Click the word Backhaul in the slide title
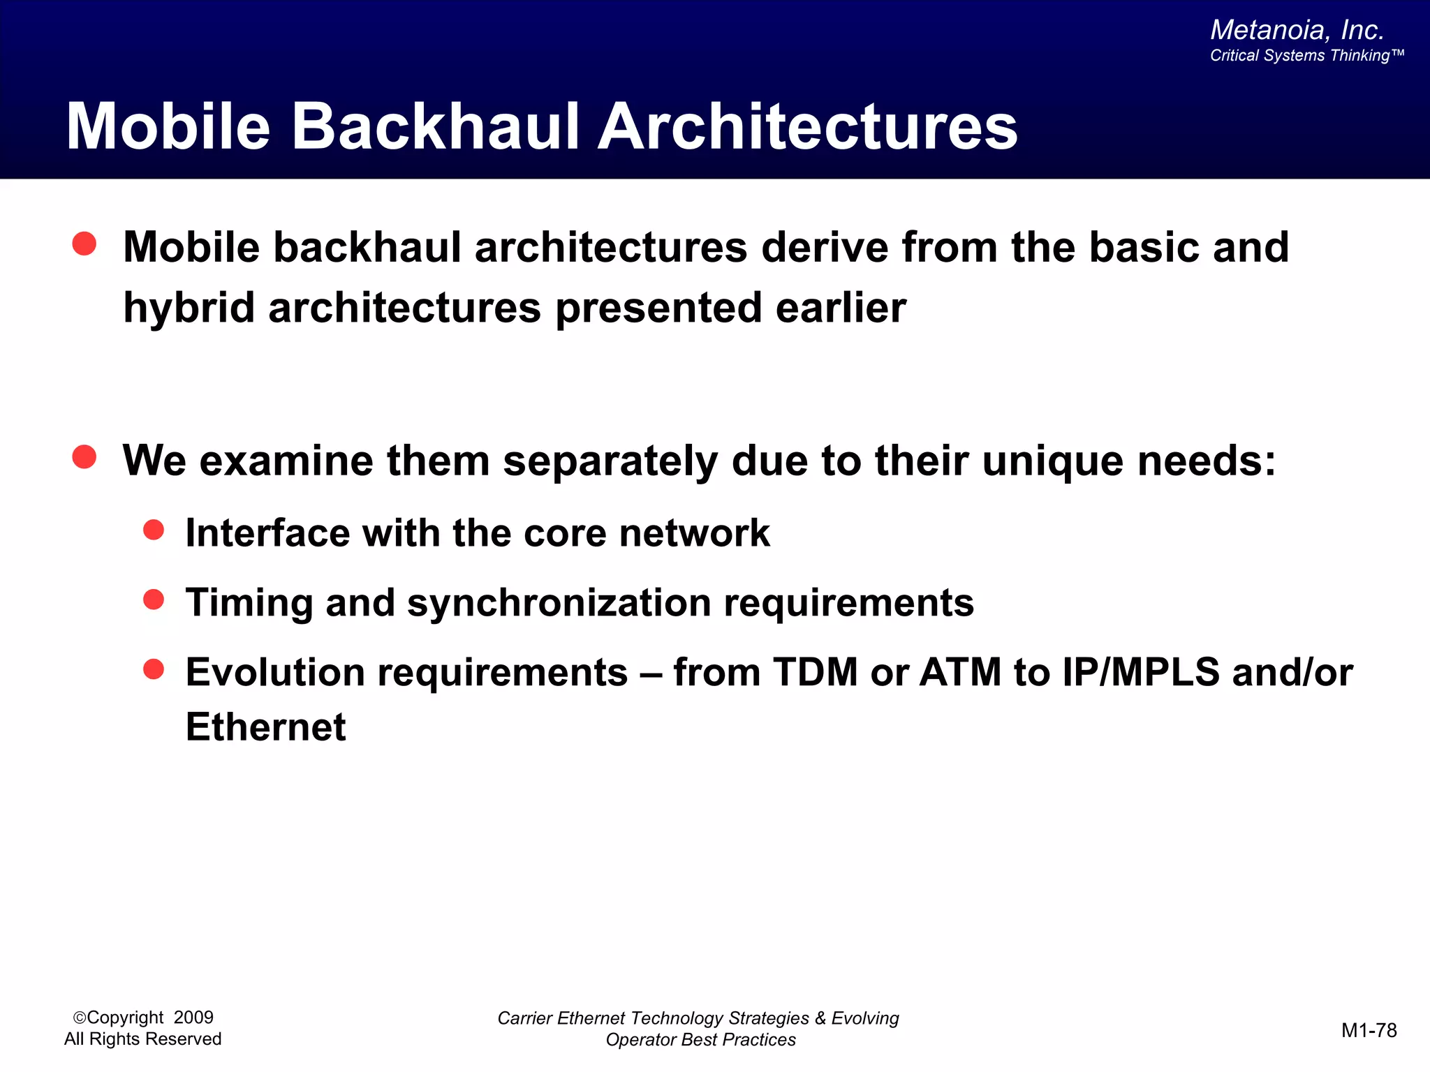click(x=435, y=126)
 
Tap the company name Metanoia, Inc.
click(x=1297, y=30)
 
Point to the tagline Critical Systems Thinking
click(x=1306, y=56)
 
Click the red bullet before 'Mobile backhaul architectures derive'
click(x=84, y=244)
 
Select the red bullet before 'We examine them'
click(x=84, y=457)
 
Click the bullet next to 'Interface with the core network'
click(x=154, y=530)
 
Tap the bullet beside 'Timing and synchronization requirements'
click(x=154, y=600)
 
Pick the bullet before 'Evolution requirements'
click(x=154, y=669)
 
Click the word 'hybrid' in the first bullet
click(x=189, y=308)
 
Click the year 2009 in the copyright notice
click(x=193, y=1017)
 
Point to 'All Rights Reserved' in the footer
click(x=142, y=1038)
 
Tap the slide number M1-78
click(x=1369, y=1030)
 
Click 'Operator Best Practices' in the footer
click(x=700, y=1039)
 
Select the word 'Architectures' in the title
click(x=808, y=126)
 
